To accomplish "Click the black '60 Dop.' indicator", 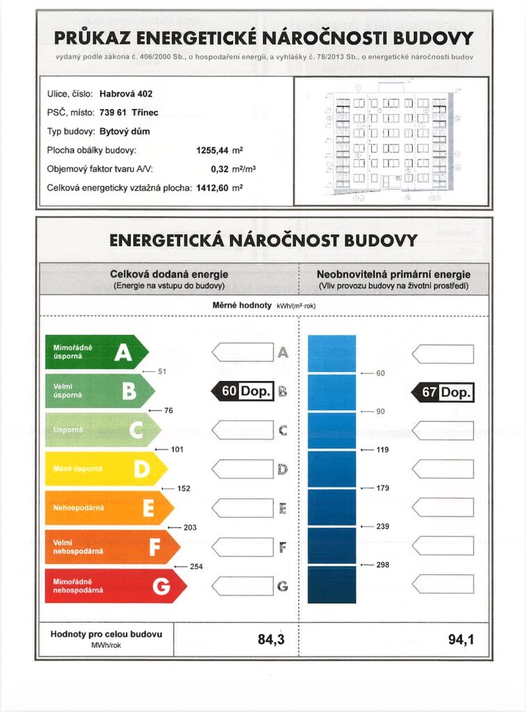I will (x=243, y=391).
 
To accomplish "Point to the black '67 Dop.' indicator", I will (x=443, y=392).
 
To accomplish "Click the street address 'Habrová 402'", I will (x=126, y=94).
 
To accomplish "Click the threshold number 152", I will (x=183, y=489).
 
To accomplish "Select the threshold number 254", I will (x=197, y=567).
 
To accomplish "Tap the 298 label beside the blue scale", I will (x=383, y=565).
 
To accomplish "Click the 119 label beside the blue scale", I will (x=383, y=450).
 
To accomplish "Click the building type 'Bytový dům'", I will (x=124, y=131).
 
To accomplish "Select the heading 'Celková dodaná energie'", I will (x=169, y=275).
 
